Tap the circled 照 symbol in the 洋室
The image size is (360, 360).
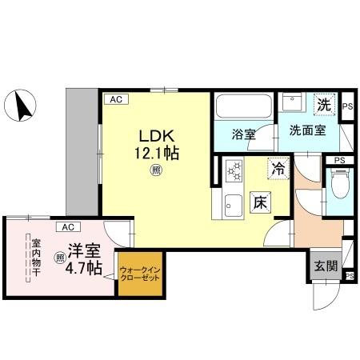(x=59, y=258)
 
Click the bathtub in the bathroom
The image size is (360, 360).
(x=243, y=106)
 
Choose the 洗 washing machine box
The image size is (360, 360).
(x=324, y=105)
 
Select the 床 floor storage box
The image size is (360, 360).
(x=260, y=202)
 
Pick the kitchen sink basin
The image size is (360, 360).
(x=234, y=202)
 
